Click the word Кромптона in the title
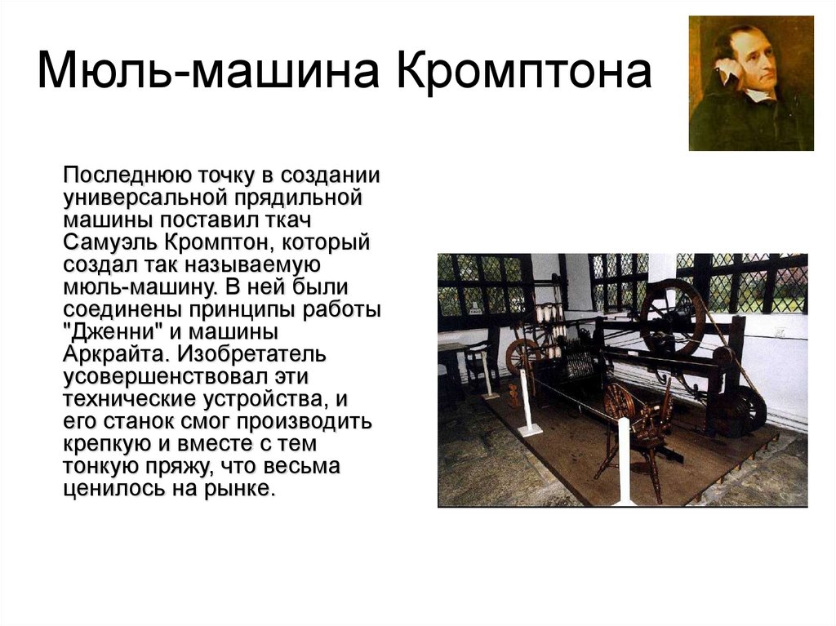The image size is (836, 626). coord(523,71)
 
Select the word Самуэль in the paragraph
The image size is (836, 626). coord(110,242)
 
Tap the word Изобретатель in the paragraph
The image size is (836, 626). coord(251,354)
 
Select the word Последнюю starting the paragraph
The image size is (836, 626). coord(126,175)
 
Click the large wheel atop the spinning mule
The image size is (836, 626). coord(673,317)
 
